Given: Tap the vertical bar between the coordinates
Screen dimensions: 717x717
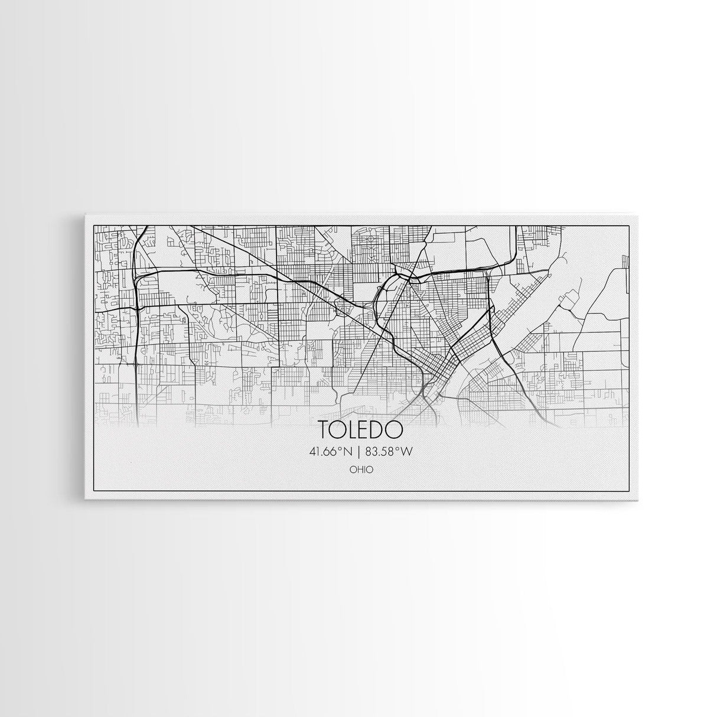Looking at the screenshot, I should tap(358, 452).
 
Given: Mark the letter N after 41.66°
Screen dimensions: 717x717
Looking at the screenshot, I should tap(348, 452).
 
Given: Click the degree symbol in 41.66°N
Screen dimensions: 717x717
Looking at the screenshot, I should tap(341, 449).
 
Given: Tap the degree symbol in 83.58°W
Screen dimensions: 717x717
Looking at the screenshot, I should tap(397, 449).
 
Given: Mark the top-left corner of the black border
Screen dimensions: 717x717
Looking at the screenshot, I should tap(95, 225).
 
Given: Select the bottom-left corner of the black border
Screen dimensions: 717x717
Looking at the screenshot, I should tap(95, 491).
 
